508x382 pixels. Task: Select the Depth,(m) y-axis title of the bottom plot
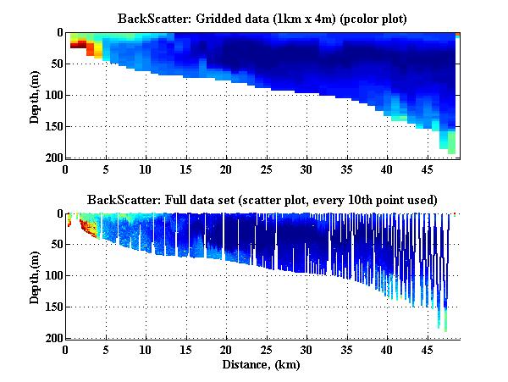coord(35,276)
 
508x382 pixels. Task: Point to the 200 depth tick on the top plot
coord(52,158)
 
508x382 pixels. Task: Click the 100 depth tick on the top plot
coord(52,95)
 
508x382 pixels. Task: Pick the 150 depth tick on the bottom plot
coord(52,307)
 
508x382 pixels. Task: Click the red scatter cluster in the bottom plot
coord(86,226)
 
